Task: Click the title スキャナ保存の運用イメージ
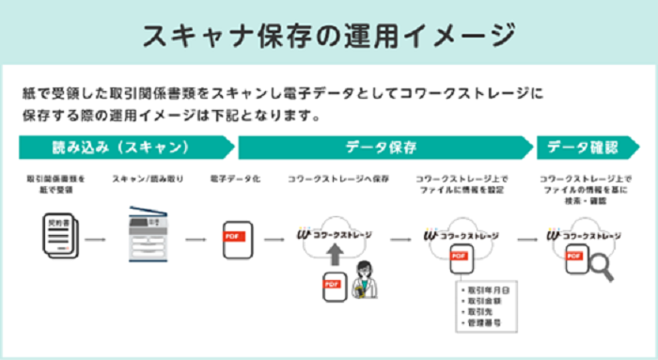[328, 35]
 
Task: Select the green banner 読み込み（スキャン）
[122, 148]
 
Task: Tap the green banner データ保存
[381, 148]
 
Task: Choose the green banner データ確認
[583, 148]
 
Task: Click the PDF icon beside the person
[331, 287]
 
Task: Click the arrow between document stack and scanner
[94, 238]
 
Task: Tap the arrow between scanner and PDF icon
[195, 238]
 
